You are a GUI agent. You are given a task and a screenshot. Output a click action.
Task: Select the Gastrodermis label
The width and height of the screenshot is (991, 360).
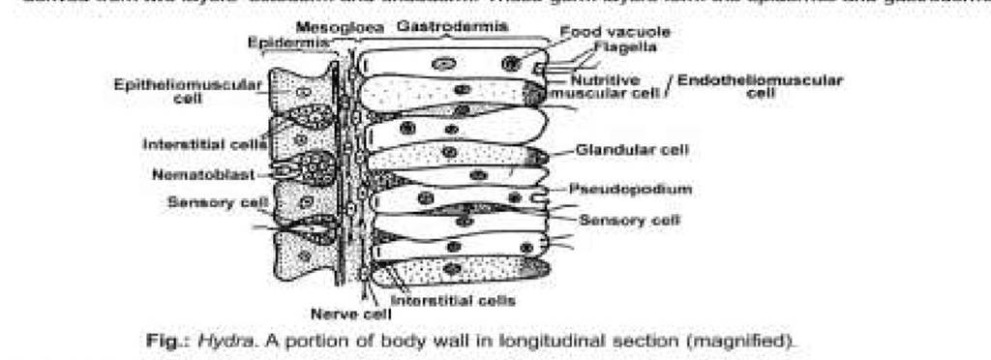(x=453, y=26)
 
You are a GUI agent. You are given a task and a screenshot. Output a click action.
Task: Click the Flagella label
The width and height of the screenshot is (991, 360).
(x=625, y=46)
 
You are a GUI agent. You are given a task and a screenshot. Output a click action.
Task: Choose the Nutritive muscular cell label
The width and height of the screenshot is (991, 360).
(x=606, y=87)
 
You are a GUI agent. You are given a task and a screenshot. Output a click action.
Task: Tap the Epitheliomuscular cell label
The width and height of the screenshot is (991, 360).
(x=188, y=91)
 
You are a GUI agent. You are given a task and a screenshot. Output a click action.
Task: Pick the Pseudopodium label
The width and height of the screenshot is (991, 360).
(x=644, y=190)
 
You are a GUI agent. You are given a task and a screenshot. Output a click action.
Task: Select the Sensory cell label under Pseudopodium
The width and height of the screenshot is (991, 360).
(x=629, y=221)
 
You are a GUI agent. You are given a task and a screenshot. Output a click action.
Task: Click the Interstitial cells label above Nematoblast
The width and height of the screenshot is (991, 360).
(x=203, y=144)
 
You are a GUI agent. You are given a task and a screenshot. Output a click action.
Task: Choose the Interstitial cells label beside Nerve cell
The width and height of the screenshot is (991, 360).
(x=459, y=300)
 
